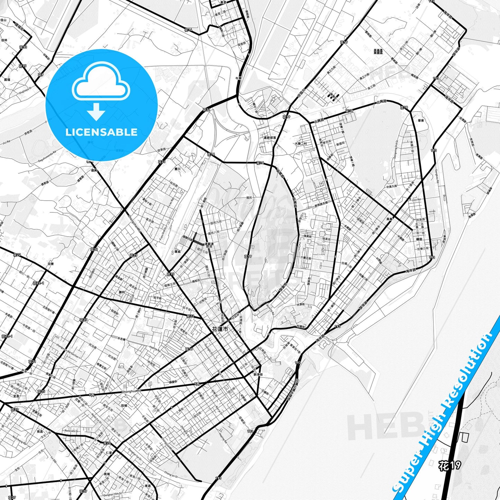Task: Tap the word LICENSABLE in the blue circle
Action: click(x=101, y=132)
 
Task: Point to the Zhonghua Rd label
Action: click(x=132, y=391)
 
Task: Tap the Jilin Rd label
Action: click(x=416, y=200)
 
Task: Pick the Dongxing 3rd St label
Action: click(x=397, y=148)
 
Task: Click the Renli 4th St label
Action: click(x=72, y=431)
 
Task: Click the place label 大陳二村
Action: click(x=301, y=143)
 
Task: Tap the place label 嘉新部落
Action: click(x=270, y=137)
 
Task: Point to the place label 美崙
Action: click(x=390, y=219)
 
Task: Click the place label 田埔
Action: click(x=124, y=405)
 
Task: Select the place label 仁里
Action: click(x=109, y=453)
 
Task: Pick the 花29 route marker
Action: click(x=83, y=491)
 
